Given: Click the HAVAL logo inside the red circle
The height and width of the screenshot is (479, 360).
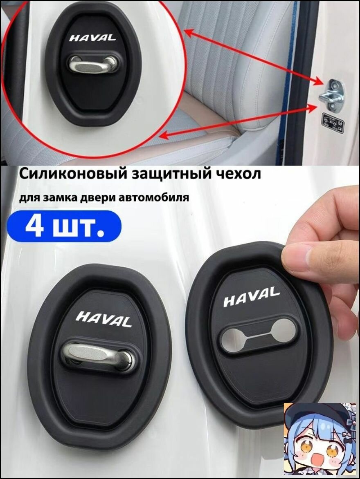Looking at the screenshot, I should [92, 38].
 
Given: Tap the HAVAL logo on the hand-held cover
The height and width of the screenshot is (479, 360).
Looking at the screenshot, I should [252, 297].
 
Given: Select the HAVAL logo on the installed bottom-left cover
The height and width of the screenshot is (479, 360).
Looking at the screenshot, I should [104, 319].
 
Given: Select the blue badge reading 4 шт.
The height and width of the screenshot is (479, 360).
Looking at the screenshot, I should [65, 226].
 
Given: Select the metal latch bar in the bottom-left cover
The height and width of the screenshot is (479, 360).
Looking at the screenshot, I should [99, 354].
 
